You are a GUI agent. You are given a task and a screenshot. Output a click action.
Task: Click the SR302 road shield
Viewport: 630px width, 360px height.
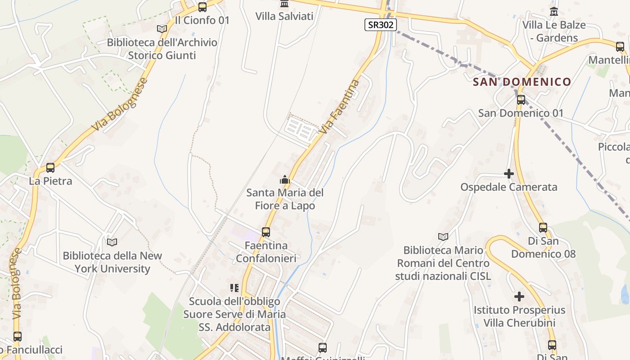[x=380, y=25]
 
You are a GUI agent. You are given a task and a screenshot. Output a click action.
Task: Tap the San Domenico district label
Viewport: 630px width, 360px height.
[x=522, y=82]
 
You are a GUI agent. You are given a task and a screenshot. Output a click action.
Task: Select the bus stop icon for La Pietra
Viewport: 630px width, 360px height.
[x=50, y=168]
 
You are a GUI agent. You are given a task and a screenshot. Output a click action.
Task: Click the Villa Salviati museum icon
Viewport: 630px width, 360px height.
[x=284, y=4]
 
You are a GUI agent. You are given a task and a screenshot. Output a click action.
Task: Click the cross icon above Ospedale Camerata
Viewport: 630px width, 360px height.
[x=509, y=174]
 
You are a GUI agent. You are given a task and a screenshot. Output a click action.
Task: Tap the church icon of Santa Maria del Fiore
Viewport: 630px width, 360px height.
[x=284, y=180]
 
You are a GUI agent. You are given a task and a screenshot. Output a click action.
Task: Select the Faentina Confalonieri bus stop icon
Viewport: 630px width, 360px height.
[x=266, y=232]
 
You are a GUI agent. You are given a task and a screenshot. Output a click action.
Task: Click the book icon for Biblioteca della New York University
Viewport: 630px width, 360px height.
[x=112, y=242]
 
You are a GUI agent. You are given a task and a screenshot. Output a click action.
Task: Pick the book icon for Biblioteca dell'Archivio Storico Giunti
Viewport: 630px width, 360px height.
[x=162, y=29]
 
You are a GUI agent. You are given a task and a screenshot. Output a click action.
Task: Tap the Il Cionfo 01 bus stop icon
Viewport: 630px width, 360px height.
[x=202, y=7]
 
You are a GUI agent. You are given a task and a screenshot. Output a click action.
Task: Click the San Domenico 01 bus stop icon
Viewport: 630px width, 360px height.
[x=521, y=100]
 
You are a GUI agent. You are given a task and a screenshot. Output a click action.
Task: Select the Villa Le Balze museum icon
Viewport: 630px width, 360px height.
[x=554, y=11]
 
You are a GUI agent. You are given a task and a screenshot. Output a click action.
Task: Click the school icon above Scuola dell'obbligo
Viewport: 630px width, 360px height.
[x=234, y=288]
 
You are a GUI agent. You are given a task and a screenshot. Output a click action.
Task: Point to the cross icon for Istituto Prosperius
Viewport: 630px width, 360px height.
[x=519, y=297]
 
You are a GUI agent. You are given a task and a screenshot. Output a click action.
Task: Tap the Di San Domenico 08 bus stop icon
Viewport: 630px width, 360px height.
[x=543, y=228]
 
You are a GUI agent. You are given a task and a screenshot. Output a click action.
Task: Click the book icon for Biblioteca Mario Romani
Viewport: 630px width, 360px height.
[x=443, y=237]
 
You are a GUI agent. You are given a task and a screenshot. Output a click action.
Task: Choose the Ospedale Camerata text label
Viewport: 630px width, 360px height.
[x=508, y=187]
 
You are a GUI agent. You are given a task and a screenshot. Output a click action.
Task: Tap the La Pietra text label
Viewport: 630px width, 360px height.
[x=50, y=181]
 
